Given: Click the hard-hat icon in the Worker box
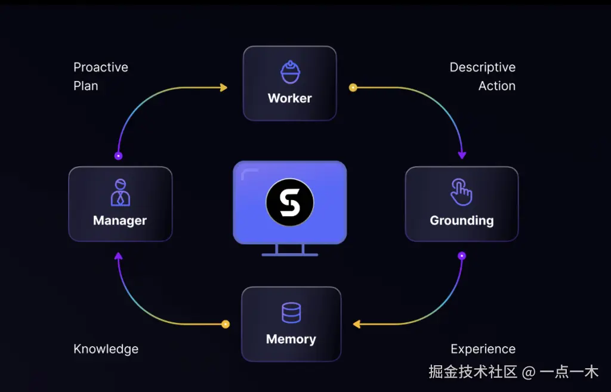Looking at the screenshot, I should coord(290,72).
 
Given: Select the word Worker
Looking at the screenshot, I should coord(290,98).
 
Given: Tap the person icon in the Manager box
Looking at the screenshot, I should coord(120,192).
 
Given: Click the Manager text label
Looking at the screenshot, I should coord(120,220).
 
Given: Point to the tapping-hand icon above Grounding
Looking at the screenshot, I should coord(461,191).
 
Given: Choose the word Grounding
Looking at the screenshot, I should coord(461,220).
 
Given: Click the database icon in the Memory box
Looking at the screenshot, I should coord(291,313).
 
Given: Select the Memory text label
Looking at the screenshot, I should coord(291,339).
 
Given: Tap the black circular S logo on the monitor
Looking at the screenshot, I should coord(290,203).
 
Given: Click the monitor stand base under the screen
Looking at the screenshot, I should coord(290,254).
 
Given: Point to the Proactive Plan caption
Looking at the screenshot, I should coord(100,76).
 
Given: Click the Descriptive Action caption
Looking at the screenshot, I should coord(483,76).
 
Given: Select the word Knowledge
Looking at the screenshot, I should coord(106,349).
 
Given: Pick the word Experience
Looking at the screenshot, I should coord(483,349).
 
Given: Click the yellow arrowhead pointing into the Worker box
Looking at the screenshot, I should coord(224,88).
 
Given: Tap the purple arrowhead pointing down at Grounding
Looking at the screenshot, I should coord(462,155).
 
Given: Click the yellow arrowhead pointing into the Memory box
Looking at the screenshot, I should coord(356,324).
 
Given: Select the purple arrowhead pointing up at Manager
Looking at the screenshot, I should coord(118,256).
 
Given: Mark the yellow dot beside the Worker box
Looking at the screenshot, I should coord(353,88).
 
